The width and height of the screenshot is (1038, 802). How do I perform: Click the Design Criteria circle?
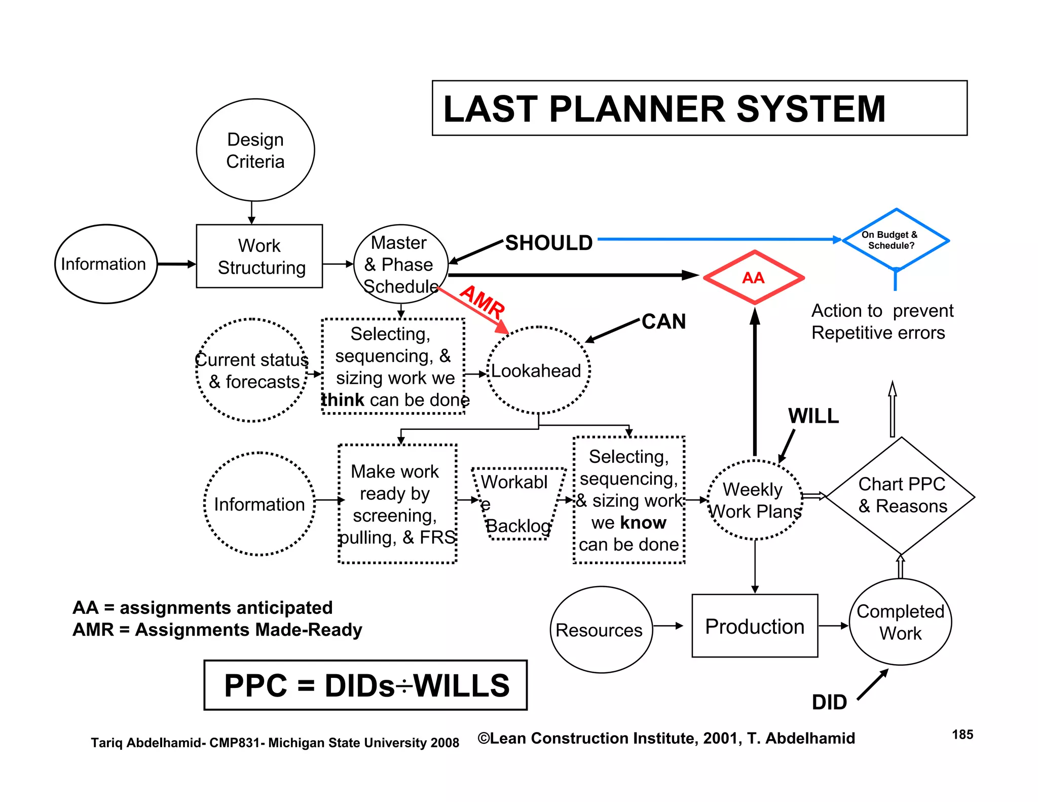pyautogui.click(x=255, y=150)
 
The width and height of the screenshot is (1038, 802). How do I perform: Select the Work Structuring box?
pyautogui.click(x=259, y=257)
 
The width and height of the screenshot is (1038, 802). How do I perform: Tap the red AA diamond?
pyautogui.click(x=754, y=278)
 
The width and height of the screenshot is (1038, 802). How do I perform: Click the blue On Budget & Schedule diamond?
pyautogui.click(x=895, y=240)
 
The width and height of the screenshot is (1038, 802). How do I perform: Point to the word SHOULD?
pyautogui.click(x=549, y=243)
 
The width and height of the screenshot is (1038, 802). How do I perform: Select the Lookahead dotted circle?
pyautogui.click(x=538, y=371)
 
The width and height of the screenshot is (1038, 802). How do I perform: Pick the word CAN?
pyautogui.click(x=663, y=321)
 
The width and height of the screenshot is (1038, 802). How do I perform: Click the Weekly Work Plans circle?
pyautogui.click(x=755, y=500)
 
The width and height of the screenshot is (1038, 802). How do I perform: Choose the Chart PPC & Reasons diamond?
pyautogui.click(x=901, y=496)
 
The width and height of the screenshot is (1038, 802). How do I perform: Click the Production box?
pyautogui.click(x=755, y=626)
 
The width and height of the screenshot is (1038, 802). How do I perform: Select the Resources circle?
pyautogui.click(x=601, y=630)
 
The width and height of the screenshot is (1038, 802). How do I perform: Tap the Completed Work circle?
pyautogui.click(x=900, y=622)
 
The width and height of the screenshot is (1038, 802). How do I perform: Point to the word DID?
pyautogui.click(x=829, y=702)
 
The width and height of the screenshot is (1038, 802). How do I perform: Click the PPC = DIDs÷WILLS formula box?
pyautogui.click(x=365, y=685)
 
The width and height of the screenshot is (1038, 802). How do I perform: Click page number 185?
pyautogui.click(x=962, y=735)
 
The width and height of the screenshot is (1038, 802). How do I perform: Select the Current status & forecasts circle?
pyautogui.click(x=252, y=371)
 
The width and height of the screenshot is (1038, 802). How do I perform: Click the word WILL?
pyautogui.click(x=813, y=416)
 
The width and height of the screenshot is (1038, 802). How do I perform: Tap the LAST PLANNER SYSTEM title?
pyautogui.click(x=664, y=108)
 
